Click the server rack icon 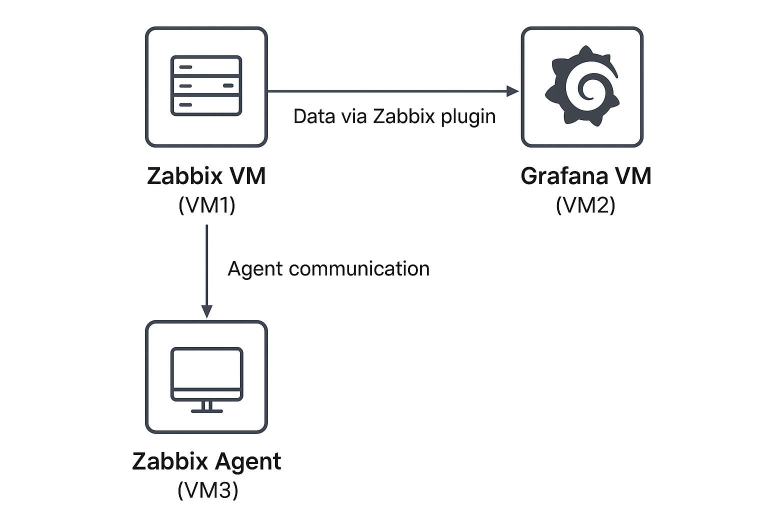[206, 86]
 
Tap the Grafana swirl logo [582, 86]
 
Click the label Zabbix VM [206, 176]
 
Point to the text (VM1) [206, 205]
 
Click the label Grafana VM [585, 176]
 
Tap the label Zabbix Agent [206, 461]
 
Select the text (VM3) [207, 490]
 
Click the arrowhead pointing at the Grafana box [512, 91]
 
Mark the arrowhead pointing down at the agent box [206, 311]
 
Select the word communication [359, 269]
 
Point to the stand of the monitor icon [206, 407]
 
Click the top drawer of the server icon [206, 66]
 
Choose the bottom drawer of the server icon [206, 105]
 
